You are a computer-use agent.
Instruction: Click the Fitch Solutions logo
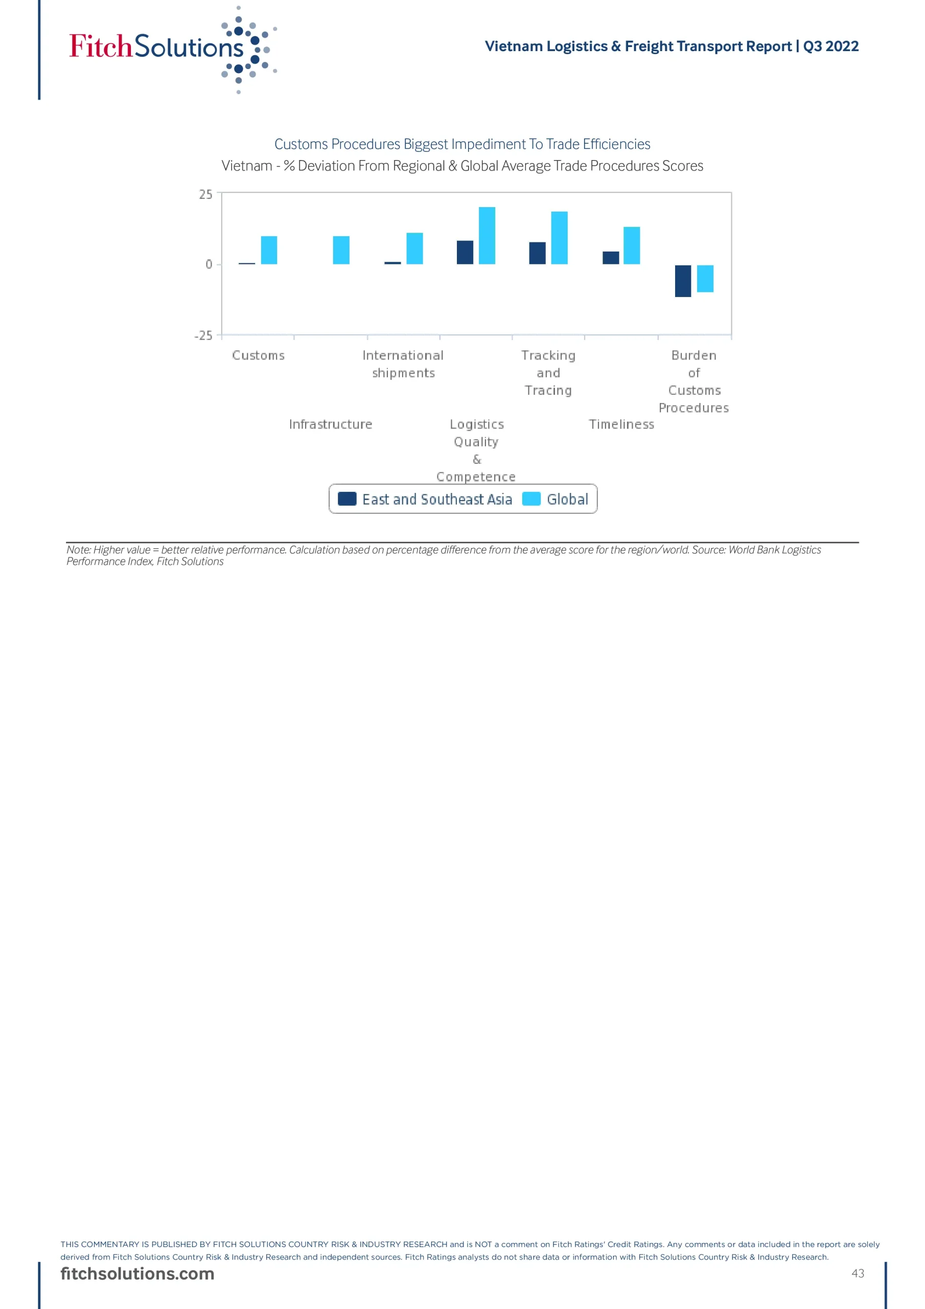[171, 49]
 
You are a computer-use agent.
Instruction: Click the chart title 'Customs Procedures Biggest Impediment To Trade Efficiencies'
[462, 144]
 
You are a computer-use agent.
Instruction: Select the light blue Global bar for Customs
[269, 250]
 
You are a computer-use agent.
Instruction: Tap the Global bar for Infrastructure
[341, 250]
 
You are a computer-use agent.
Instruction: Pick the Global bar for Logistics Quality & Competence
[487, 235]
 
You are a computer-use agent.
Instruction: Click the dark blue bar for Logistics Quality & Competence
[465, 253]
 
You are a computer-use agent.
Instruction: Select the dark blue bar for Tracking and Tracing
[538, 253]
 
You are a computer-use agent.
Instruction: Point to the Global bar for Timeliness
[632, 246]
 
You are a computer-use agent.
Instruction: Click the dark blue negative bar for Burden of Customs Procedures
[683, 281]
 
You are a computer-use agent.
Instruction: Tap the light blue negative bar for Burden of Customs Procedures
[705, 279]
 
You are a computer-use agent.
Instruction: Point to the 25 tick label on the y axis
[206, 195]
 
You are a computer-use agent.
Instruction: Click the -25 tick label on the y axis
[203, 336]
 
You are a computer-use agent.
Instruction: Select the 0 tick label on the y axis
[209, 264]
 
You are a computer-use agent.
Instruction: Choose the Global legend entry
[556, 500]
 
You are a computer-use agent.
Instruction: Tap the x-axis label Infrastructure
[331, 425]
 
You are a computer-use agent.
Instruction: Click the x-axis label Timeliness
[621, 425]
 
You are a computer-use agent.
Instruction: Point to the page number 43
[858, 1274]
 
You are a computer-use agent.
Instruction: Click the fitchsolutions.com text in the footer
[137, 1274]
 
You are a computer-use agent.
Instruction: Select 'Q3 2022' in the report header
[830, 46]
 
